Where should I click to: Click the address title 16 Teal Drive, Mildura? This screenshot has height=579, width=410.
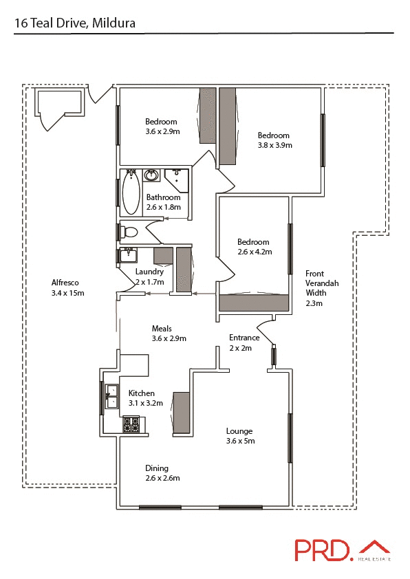coord(75,23)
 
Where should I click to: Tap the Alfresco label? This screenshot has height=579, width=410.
coord(67,287)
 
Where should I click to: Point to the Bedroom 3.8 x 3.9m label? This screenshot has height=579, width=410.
coord(274,140)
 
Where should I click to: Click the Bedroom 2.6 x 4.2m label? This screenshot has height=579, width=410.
coord(254,247)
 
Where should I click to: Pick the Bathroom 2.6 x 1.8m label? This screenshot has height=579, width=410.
coord(163,202)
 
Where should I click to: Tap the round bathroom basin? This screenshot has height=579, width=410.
coord(152,177)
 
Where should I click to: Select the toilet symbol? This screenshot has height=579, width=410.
coord(129,232)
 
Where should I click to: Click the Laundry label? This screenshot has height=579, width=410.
coord(149,276)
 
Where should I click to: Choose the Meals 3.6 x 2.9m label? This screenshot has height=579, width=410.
coord(169,334)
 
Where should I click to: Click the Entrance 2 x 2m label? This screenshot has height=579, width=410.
coord(244,342)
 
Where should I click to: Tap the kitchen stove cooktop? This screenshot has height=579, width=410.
coord(131,426)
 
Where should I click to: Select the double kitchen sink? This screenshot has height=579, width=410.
coord(111,398)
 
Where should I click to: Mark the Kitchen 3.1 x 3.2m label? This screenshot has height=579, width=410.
coord(145,398)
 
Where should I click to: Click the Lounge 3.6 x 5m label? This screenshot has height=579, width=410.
coord(240,436)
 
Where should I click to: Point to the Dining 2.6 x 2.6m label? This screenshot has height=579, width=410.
coord(162,473)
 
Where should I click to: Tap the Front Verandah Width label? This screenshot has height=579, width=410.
coord(322,287)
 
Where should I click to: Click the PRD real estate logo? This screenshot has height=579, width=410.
coord(342,550)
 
